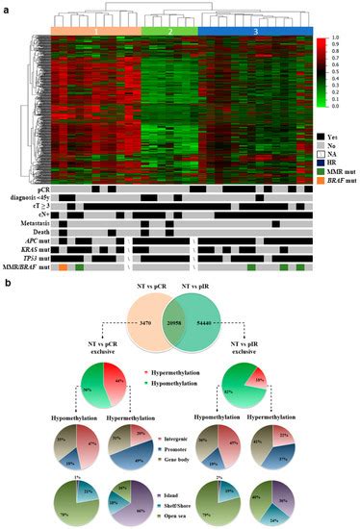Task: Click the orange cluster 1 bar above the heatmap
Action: click(x=96, y=31)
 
